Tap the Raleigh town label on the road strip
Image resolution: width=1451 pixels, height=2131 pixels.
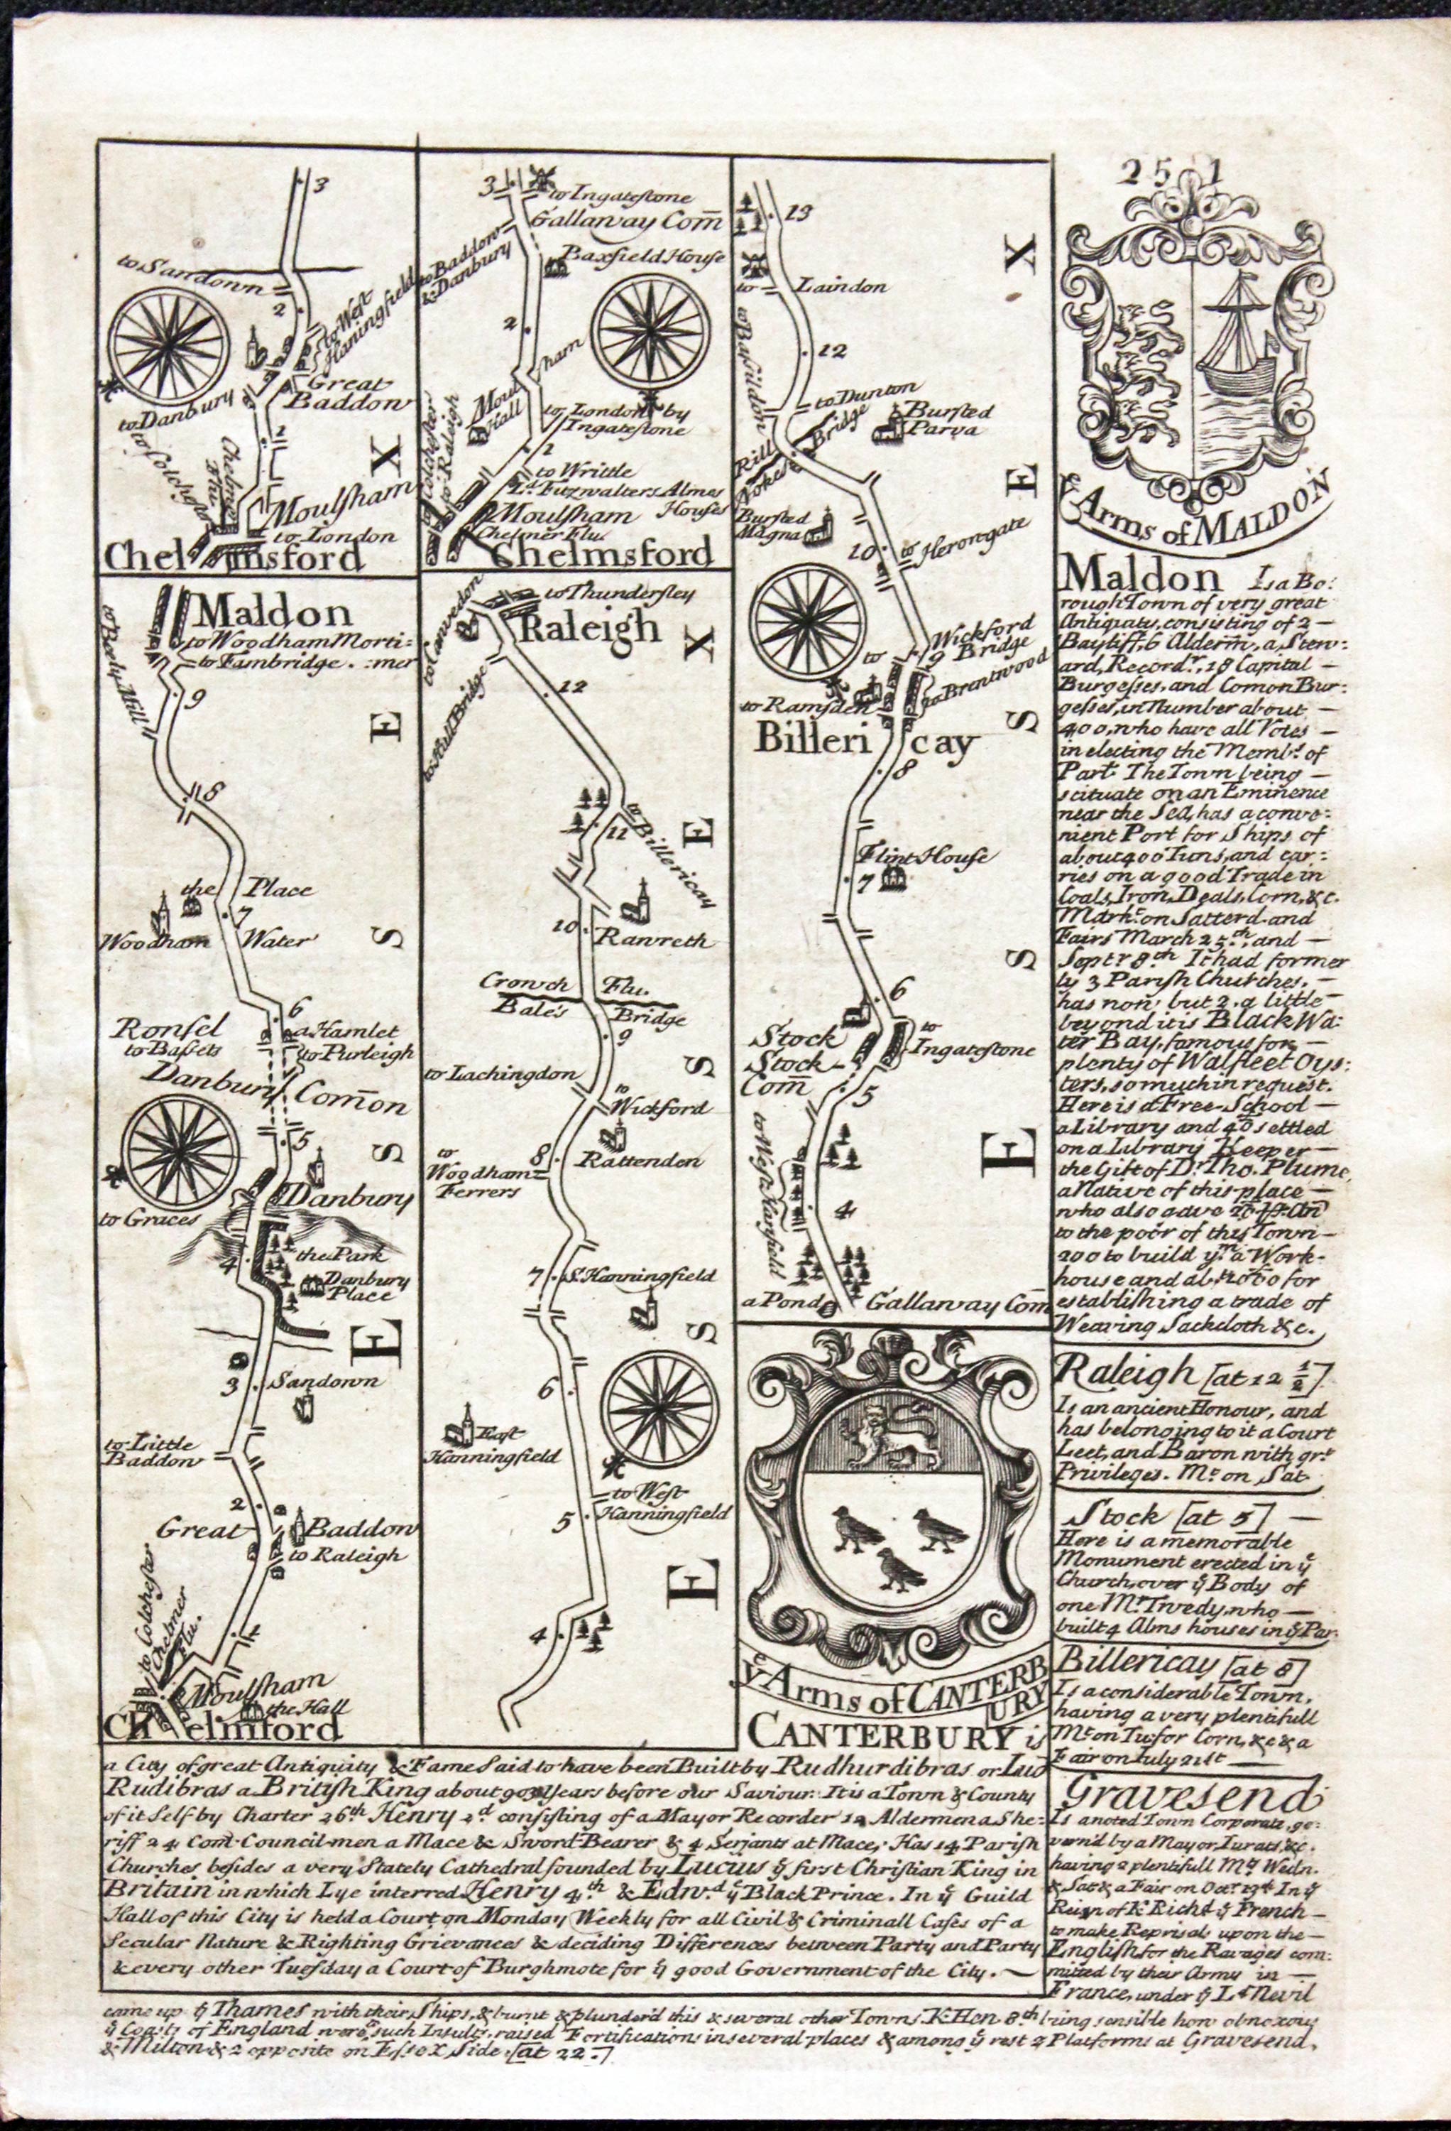tap(579, 630)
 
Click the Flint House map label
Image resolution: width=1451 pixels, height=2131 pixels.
tap(922, 858)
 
